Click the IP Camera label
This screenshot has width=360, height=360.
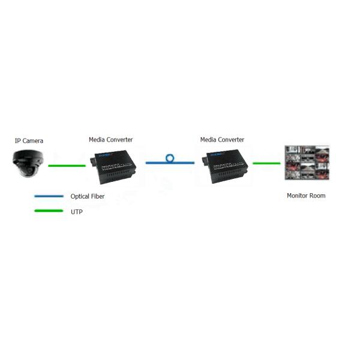(x=29, y=140)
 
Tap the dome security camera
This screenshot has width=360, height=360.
(x=28, y=163)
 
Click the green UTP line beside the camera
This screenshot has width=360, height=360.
(x=67, y=166)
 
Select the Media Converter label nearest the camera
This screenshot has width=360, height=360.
(x=110, y=140)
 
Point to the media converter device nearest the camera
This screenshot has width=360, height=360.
(x=113, y=167)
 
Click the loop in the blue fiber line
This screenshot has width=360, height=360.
(x=170, y=158)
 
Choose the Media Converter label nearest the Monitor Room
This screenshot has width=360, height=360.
(x=222, y=140)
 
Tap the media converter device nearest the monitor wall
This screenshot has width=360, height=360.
(x=225, y=166)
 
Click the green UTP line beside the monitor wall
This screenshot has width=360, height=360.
(x=266, y=163)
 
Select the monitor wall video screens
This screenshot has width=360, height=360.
(x=307, y=163)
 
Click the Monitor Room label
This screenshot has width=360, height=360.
(x=306, y=196)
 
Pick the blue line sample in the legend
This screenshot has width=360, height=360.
(x=49, y=196)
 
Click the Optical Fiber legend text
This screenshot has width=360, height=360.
(x=88, y=196)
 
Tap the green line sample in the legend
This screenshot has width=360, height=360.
(x=49, y=211)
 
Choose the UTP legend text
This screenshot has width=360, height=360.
(x=76, y=212)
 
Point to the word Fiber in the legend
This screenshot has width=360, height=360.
(x=98, y=196)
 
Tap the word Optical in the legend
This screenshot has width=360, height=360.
(x=80, y=197)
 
